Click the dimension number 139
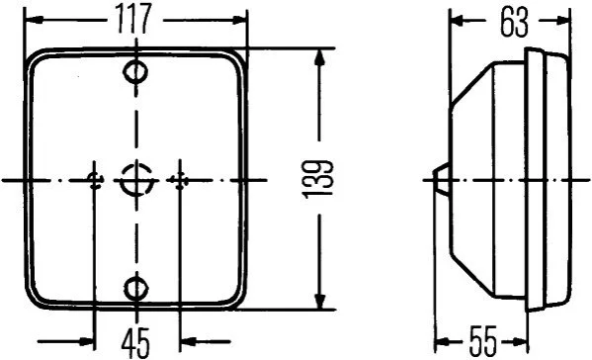pos(318,179)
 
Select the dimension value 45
pos(136,343)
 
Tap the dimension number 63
pos(514,24)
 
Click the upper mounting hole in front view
pos(136,71)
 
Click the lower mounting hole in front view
pos(136,289)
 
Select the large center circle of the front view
pos(136,180)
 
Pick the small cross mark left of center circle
pos(95,181)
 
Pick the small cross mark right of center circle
pos(180,181)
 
